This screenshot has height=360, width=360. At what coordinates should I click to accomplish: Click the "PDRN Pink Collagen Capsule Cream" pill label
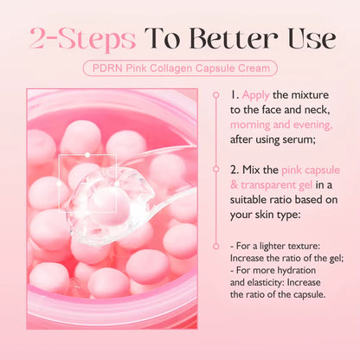(180, 67)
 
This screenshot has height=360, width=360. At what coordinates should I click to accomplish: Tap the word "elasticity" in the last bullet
(262, 282)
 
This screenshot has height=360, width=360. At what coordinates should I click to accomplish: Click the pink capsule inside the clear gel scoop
(105, 200)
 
